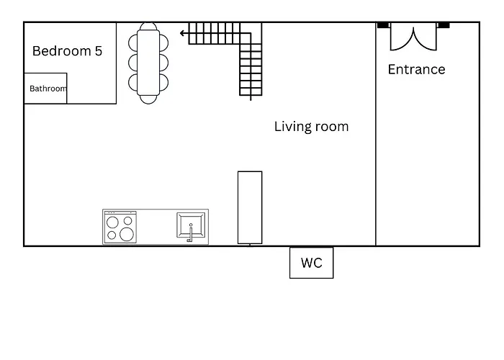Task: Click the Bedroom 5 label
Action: click(x=67, y=51)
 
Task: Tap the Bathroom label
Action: click(x=48, y=89)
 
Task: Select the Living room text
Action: click(x=311, y=127)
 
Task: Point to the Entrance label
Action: click(x=417, y=69)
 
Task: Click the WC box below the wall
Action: click(x=312, y=263)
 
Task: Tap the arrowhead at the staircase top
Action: click(x=182, y=33)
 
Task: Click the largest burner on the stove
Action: click(x=127, y=234)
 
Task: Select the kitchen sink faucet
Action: click(x=190, y=233)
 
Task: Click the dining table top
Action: click(x=148, y=63)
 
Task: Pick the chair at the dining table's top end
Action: click(x=148, y=26)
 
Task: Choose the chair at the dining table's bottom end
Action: click(x=148, y=99)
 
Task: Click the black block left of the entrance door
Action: click(x=383, y=25)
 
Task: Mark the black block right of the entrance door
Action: click(x=444, y=25)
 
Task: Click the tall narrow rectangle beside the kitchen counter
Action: click(x=250, y=207)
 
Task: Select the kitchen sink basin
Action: click(x=191, y=225)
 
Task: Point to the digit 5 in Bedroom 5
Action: click(x=99, y=51)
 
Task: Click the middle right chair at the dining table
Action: click(x=164, y=63)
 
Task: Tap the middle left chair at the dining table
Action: click(x=132, y=63)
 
